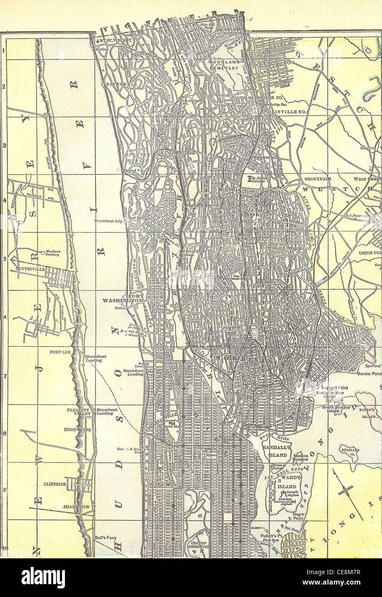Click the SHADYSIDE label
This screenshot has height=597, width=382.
(76, 507)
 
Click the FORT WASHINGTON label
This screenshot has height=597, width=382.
(122, 298)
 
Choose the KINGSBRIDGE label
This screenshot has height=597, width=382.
(178, 152)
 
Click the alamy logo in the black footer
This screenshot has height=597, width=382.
(43, 578)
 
